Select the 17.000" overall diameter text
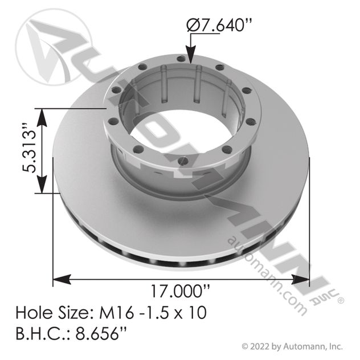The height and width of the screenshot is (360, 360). pos(180,291)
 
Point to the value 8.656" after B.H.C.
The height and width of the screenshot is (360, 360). pos(101,334)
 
